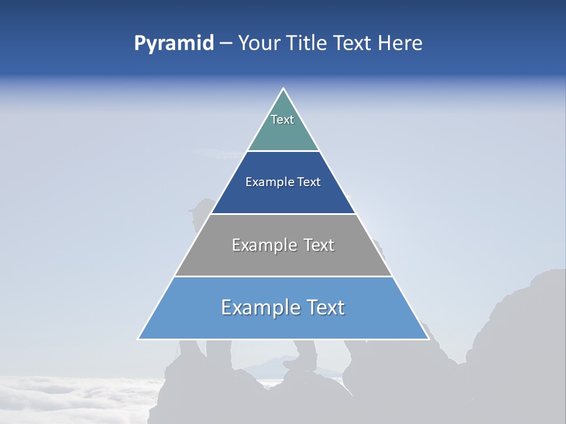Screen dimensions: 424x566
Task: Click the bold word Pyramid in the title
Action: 174,44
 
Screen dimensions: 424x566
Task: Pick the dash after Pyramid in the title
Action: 226,44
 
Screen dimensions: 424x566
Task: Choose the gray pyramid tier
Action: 283,259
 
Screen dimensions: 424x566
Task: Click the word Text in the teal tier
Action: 282,120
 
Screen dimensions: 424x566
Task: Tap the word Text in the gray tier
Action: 319,245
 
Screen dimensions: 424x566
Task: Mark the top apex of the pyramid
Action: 283,89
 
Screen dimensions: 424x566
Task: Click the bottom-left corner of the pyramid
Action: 139,339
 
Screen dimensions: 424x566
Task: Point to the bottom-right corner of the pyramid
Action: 428,339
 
